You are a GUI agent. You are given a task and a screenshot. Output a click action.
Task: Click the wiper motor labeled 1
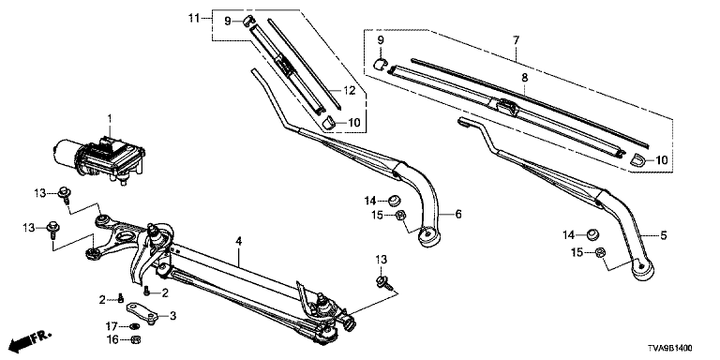[x=98, y=157]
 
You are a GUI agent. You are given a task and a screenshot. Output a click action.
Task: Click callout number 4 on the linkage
[x=239, y=241]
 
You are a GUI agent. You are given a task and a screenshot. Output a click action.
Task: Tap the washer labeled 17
[x=135, y=326]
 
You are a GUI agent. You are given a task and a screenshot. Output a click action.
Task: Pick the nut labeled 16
[x=135, y=339]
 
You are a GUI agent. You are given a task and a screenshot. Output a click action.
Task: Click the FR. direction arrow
[x=31, y=340]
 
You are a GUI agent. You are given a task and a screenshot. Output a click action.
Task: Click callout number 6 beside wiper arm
[x=457, y=214]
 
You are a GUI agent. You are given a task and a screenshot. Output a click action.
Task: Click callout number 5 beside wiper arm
[x=663, y=236]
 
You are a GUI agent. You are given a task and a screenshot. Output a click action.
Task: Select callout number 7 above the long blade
[x=517, y=40]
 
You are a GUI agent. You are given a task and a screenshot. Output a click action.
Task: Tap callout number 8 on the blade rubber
[x=524, y=78]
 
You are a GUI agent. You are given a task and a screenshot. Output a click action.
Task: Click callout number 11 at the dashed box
[x=194, y=19]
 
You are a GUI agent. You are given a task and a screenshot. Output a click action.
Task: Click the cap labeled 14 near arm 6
[x=395, y=201]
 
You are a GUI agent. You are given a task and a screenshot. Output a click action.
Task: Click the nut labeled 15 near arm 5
[x=600, y=252]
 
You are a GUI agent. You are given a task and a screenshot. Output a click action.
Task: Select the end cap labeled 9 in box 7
[x=381, y=63]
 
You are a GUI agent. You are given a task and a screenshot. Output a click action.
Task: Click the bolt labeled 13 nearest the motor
[x=65, y=194]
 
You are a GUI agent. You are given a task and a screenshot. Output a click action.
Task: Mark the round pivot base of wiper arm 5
[x=643, y=269]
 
